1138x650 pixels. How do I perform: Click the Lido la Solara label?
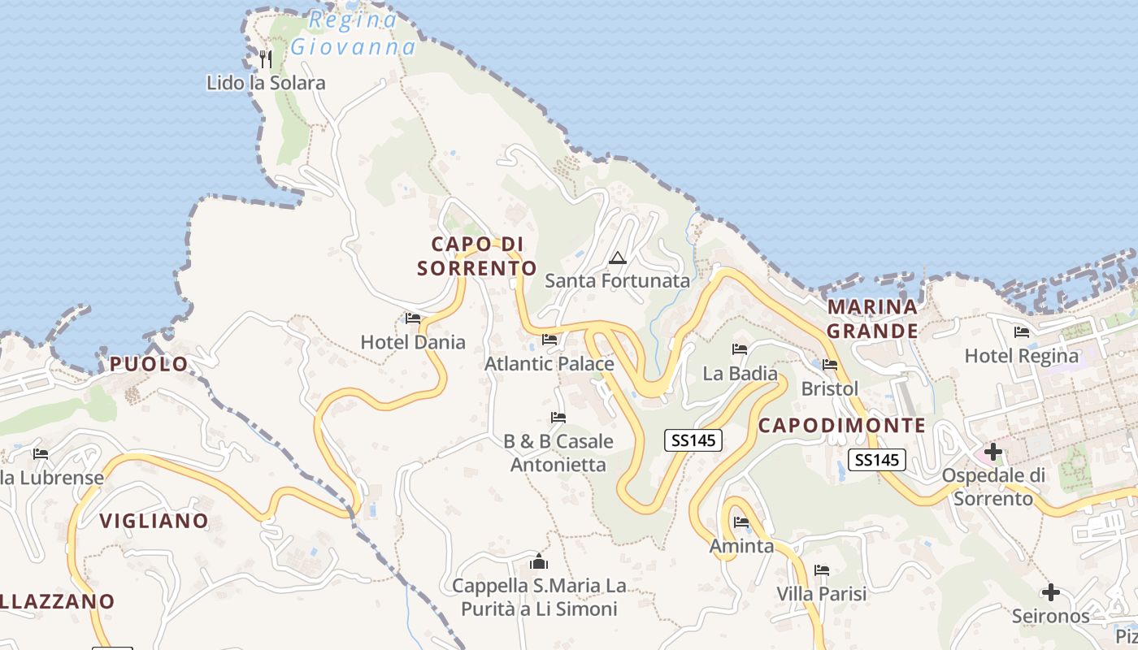(x=265, y=83)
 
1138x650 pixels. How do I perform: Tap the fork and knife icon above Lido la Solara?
(x=265, y=58)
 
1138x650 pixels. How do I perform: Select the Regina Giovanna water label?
(x=353, y=33)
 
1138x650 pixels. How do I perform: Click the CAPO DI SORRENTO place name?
(x=477, y=256)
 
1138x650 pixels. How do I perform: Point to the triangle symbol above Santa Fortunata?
(x=618, y=258)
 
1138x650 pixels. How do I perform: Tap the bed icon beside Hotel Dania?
(x=413, y=318)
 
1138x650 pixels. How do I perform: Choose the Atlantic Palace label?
(x=549, y=364)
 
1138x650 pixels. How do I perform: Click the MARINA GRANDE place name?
(x=873, y=318)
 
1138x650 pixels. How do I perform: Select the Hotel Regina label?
(x=1022, y=356)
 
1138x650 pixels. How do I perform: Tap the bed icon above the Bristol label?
(x=830, y=365)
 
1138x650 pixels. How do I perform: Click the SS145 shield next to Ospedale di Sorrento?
(x=877, y=460)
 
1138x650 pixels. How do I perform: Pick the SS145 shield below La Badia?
(x=693, y=440)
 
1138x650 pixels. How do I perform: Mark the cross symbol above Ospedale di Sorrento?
(x=992, y=451)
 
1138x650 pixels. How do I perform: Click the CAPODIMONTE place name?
(x=842, y=426)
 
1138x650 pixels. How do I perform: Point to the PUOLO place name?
(x=149, y=364)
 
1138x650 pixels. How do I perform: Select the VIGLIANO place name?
(x=154, y=521)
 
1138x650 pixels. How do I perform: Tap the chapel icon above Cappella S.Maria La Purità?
(x=538, y=561)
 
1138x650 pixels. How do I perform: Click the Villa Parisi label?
(x=822, y=593)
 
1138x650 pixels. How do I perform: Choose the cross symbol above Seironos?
(x=1051, y=592)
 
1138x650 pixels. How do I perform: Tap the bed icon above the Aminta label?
(x=741, y=522)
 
